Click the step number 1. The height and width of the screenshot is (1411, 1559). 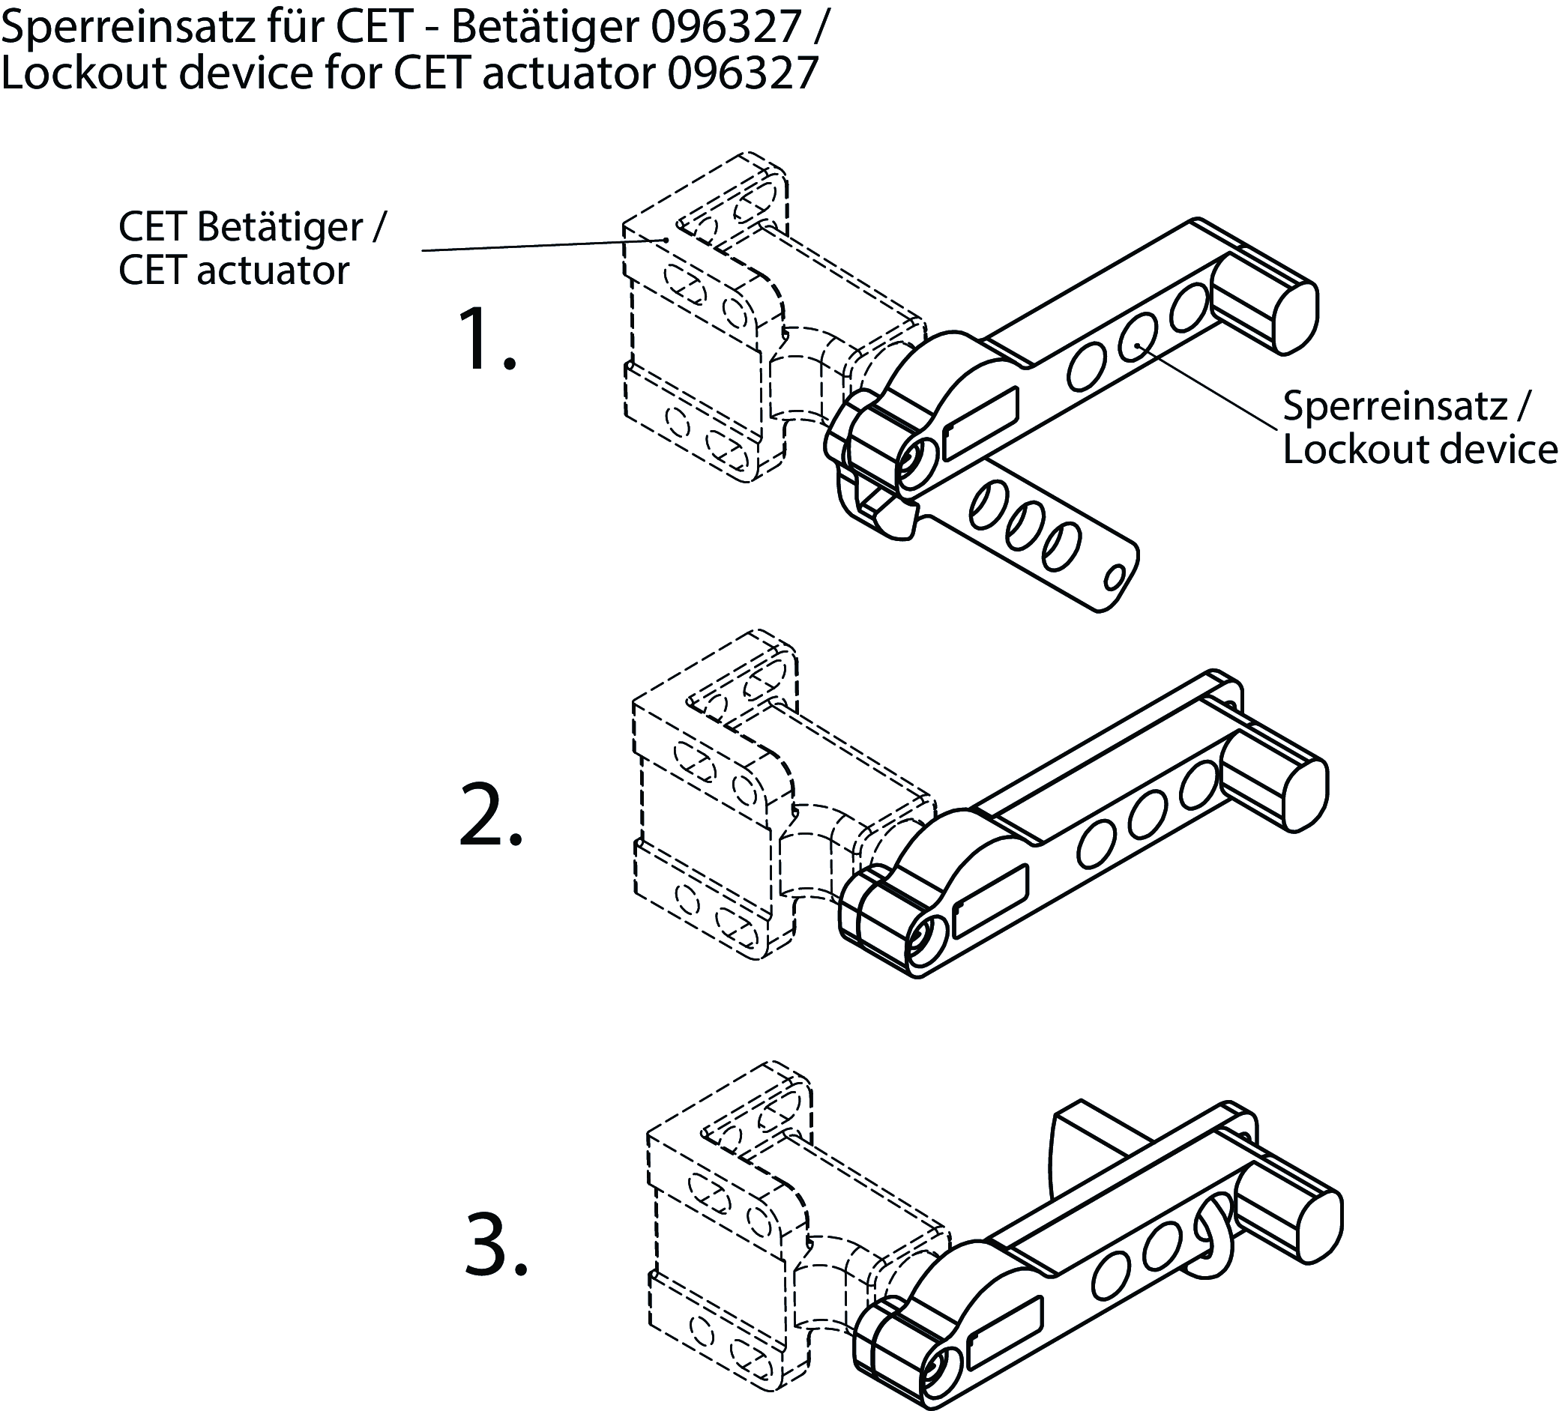point(486,339)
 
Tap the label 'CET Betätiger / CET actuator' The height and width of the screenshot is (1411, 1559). point(251,248)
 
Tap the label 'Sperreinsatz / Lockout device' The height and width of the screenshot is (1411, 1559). point(1419,428)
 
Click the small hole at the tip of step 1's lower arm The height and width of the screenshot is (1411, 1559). point(1115,576)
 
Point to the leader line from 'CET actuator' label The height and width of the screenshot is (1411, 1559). point(541,245)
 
